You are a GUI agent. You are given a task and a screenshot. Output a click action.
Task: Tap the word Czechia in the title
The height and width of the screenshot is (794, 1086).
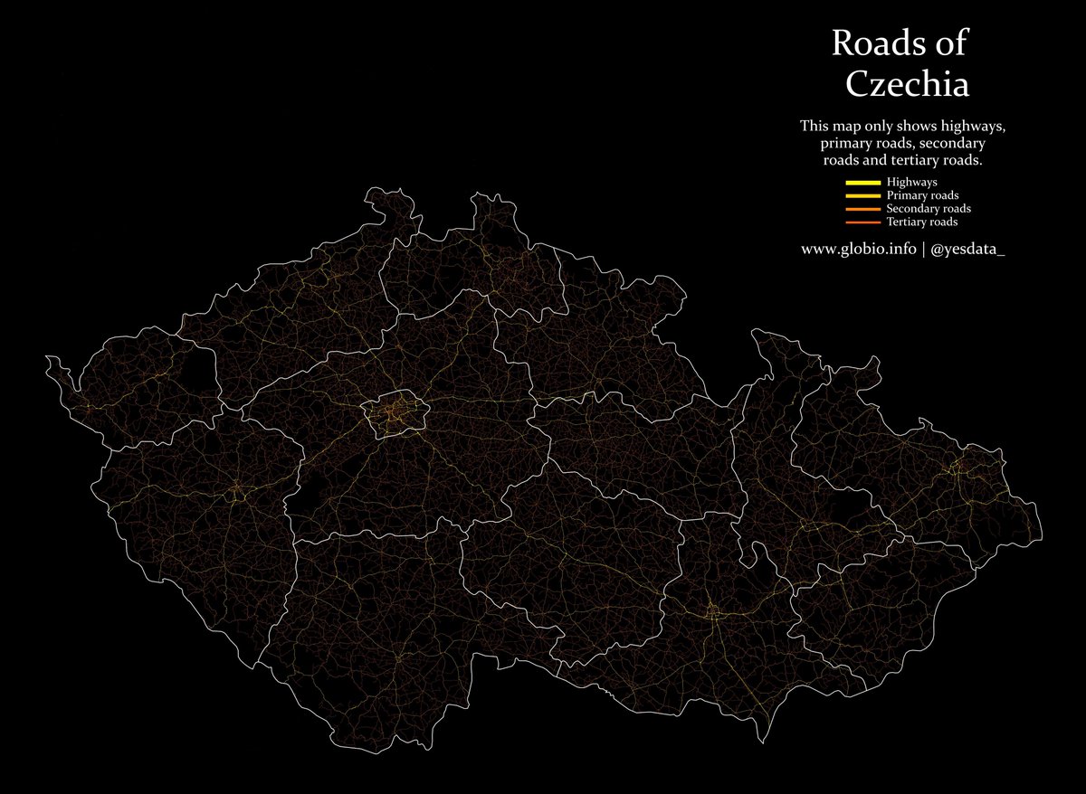[908, 84]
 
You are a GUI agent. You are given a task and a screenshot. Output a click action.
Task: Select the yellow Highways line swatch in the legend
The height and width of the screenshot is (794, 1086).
[862, 183]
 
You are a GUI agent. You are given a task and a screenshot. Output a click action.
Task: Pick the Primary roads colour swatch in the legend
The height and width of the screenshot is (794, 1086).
[862, 195]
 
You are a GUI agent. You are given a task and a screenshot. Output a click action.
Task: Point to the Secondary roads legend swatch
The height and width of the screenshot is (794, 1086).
[862, 209]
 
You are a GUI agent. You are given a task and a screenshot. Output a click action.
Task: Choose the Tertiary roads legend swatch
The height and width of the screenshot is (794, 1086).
[862, 222]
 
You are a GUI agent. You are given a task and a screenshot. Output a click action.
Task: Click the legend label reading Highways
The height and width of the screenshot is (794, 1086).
[911, 183]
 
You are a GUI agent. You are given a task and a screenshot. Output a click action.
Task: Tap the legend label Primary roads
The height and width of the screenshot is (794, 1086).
[923, 195]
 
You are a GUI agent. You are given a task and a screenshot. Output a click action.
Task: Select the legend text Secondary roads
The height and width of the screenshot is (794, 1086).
[929, 209]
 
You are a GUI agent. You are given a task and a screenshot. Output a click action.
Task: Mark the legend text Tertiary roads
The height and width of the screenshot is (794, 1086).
[922, 222]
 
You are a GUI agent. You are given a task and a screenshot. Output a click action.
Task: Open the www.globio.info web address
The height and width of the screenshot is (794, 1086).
[858, 249]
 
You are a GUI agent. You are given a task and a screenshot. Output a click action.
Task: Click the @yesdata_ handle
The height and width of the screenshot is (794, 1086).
[967, 249]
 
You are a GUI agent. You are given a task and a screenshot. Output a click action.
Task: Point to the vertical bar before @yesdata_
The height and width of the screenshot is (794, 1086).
[923, 249]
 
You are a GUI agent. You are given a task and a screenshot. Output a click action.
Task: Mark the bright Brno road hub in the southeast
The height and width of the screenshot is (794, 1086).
[712, 613]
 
